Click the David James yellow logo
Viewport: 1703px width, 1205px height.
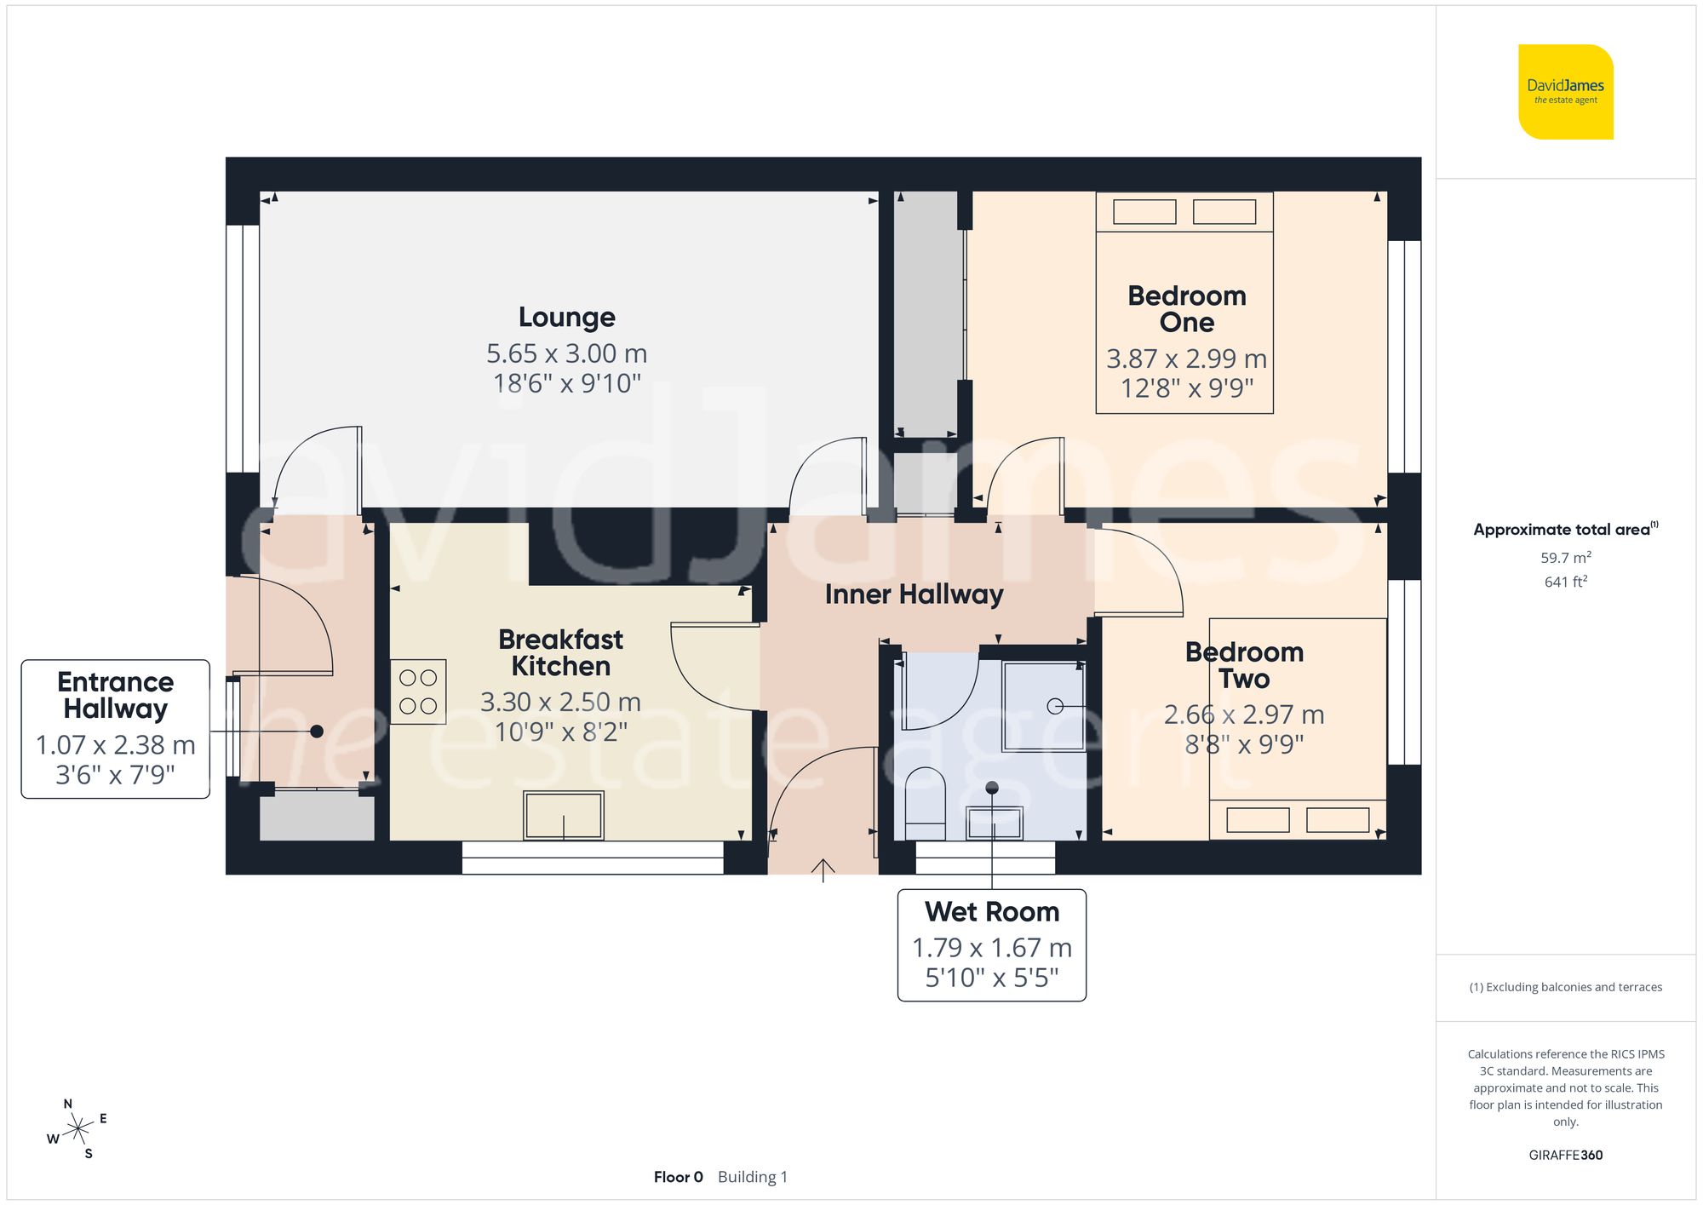coord(1565,92)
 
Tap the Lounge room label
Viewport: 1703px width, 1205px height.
coord(567,317)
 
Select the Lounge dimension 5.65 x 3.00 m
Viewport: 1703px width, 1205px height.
coord(567,353)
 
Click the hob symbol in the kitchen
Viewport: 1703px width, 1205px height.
coord(418,691)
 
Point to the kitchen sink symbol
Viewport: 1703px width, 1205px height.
coord(564,816)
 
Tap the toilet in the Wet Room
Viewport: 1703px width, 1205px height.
coord(925,802)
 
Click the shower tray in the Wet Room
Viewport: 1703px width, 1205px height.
coord(1044,707)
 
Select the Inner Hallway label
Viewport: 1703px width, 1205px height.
coord(914,594)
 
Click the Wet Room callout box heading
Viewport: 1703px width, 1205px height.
coord(992,912)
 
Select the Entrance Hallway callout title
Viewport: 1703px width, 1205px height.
coord(116,695)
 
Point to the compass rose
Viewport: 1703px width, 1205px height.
coord(78,1130)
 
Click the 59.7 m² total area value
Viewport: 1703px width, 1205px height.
coord(1565,558)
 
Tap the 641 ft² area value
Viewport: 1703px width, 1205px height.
coord(1565,582)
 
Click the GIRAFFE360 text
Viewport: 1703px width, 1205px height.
coord(1565,1156)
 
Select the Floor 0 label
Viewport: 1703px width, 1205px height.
coord(678,1177)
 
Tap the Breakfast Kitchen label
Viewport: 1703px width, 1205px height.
coord(560,652)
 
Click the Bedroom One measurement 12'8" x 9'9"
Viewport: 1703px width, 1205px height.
coord(1187,388)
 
